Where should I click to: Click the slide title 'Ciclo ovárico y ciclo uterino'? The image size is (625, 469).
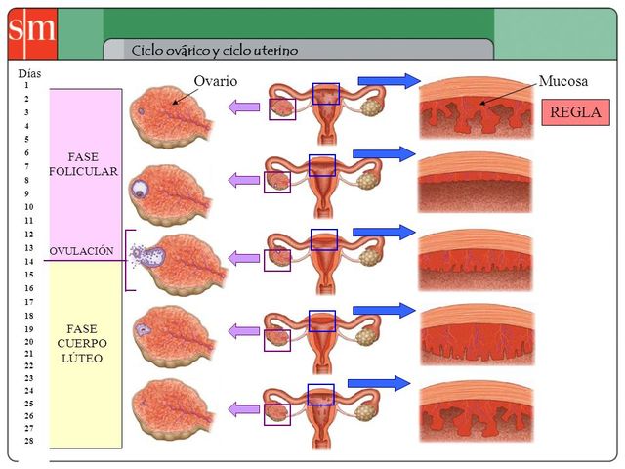215,50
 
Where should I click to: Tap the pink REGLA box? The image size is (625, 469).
576,112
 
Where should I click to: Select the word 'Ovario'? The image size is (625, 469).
216,81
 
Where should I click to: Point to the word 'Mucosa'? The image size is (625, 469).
563,81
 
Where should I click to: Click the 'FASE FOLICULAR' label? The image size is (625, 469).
84,164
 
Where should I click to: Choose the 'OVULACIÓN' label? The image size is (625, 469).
82,251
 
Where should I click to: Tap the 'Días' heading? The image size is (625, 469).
29,73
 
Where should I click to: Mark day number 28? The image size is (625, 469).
28,442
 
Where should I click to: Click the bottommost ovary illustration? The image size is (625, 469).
170,405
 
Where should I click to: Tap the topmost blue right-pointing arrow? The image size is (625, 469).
389,80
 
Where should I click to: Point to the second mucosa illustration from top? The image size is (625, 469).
475,183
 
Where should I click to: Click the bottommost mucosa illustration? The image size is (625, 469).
475,411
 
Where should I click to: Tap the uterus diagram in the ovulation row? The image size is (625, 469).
323,259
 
